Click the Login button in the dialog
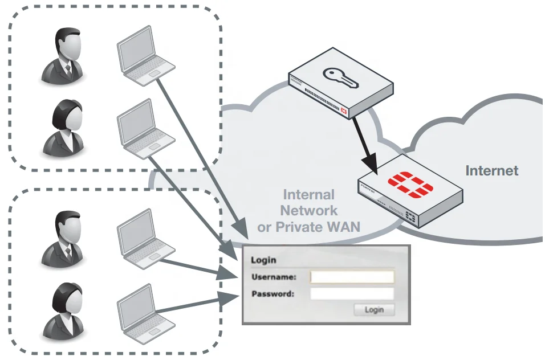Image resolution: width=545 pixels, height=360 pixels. (374, 310)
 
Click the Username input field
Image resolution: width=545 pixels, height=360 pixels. (352, 277)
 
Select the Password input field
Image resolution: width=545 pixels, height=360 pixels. (352, 294)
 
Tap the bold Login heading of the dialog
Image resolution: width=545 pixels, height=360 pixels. (263, 260)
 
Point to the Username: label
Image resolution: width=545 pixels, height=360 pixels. (274, 277)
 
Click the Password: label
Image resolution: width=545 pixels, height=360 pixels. (272, 294)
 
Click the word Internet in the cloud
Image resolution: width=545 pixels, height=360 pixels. (491, 170)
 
